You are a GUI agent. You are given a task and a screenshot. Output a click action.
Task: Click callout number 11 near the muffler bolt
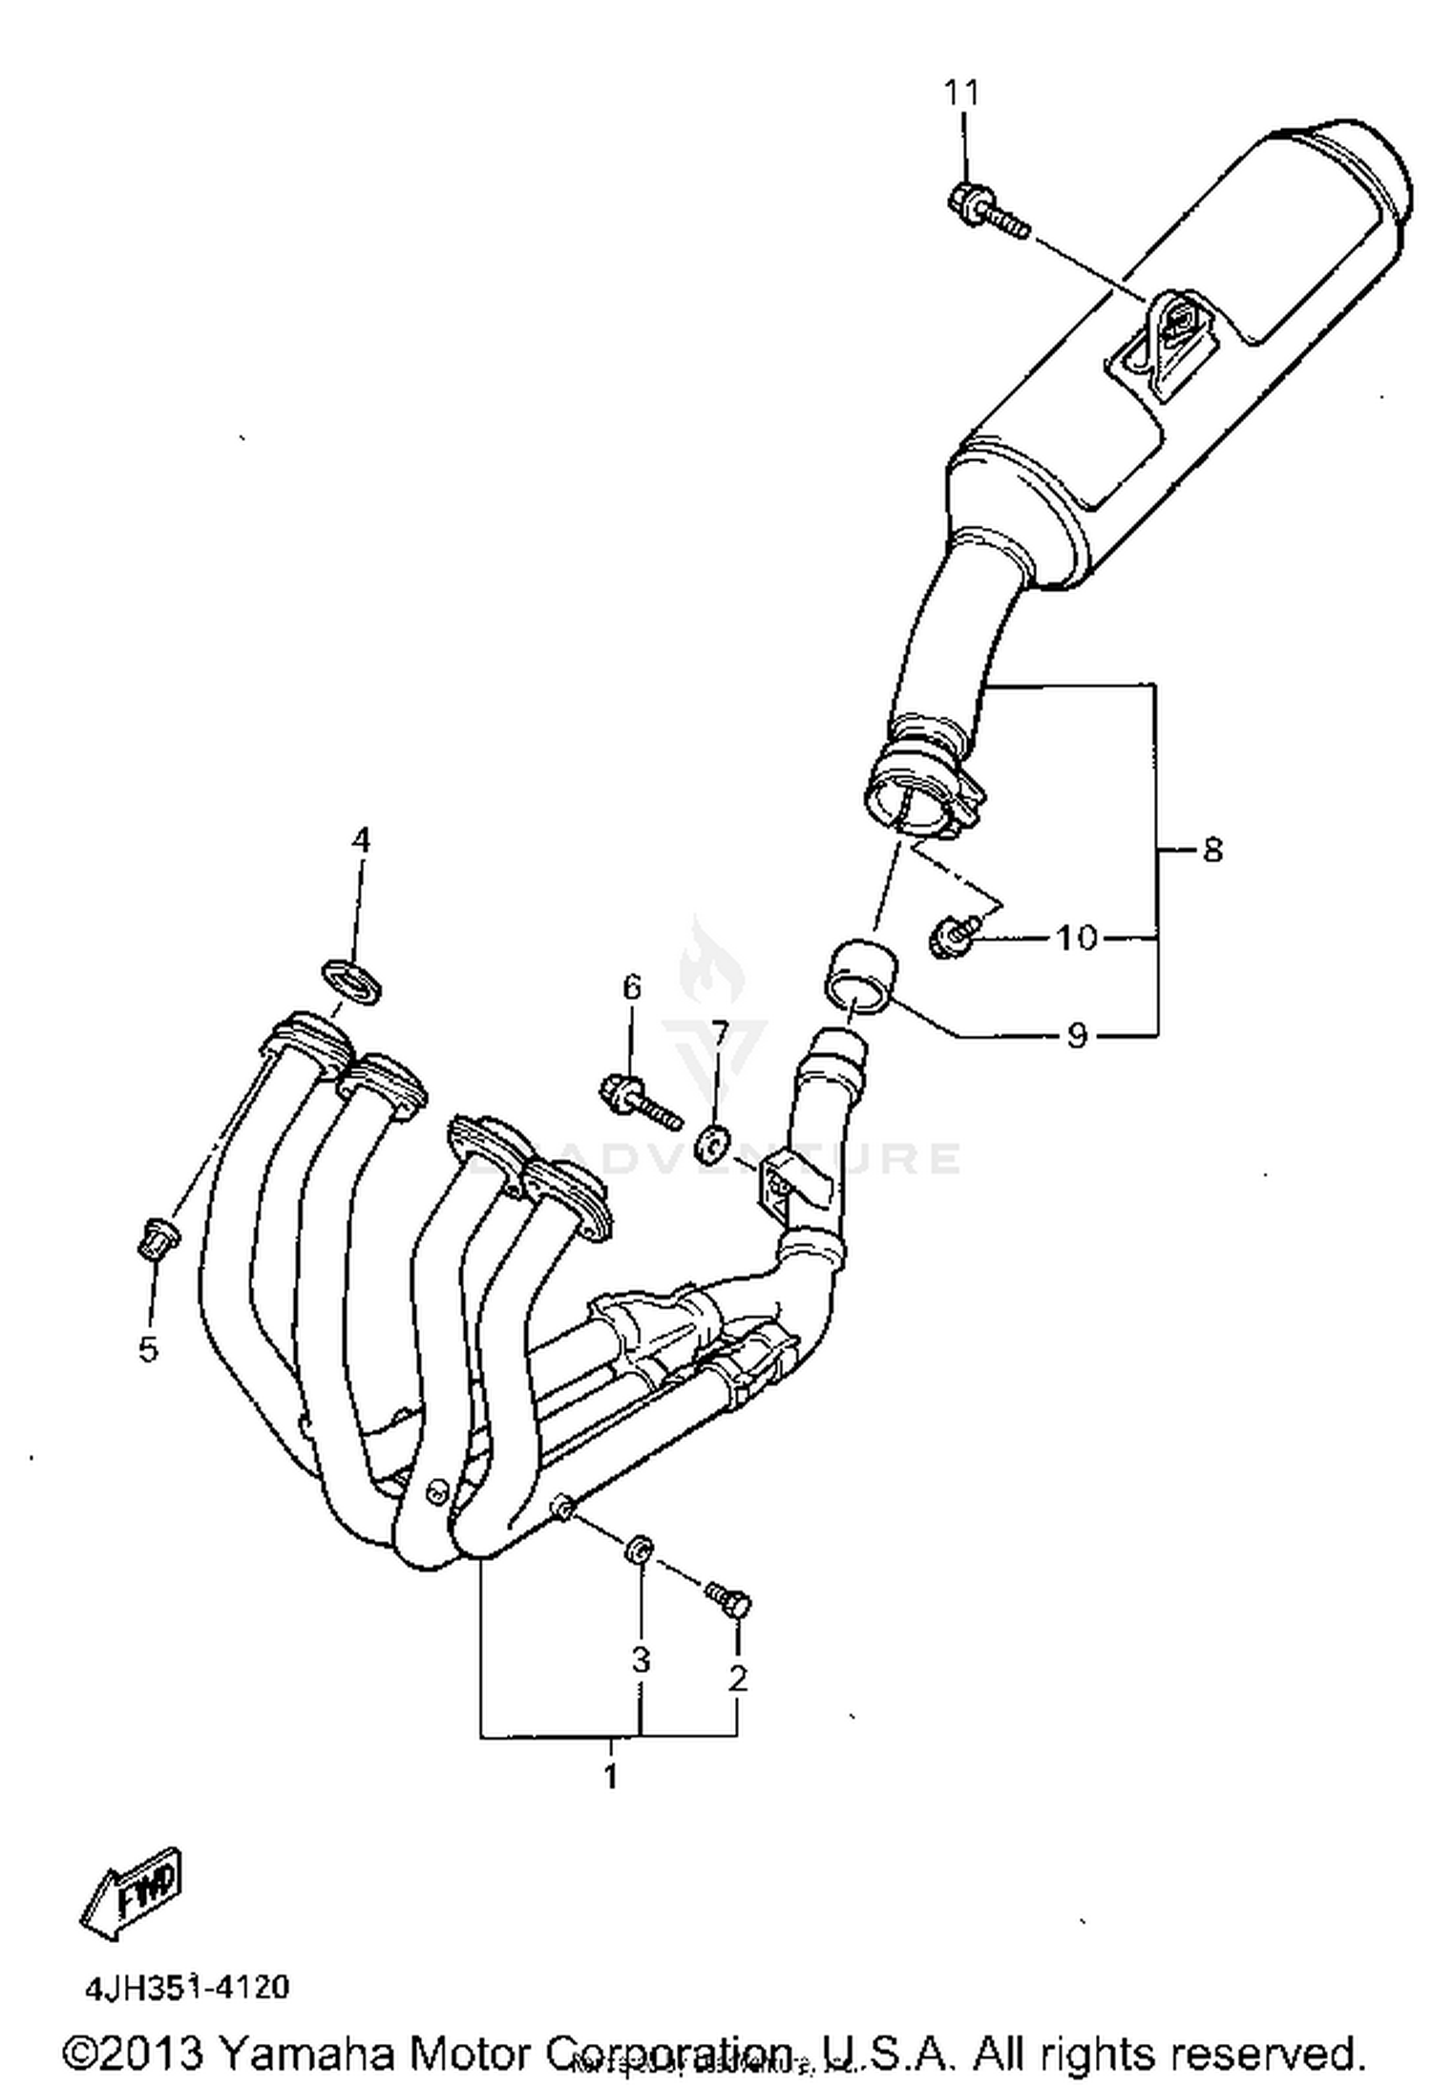point(961,93)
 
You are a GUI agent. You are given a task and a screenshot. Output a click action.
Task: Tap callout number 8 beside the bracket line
point(1211,849)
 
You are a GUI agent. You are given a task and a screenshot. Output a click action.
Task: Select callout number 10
point(1076,938)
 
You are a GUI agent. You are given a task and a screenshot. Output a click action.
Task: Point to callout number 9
point(1076,1035)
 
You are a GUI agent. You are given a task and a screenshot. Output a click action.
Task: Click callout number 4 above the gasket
point(359,840)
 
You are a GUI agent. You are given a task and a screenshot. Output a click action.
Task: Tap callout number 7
point(719,1033)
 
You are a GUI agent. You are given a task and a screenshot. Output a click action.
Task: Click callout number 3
point(640,1660)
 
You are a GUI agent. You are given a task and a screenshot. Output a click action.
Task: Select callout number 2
point(737,1678)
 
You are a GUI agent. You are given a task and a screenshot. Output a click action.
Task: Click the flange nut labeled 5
point(153,1239)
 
